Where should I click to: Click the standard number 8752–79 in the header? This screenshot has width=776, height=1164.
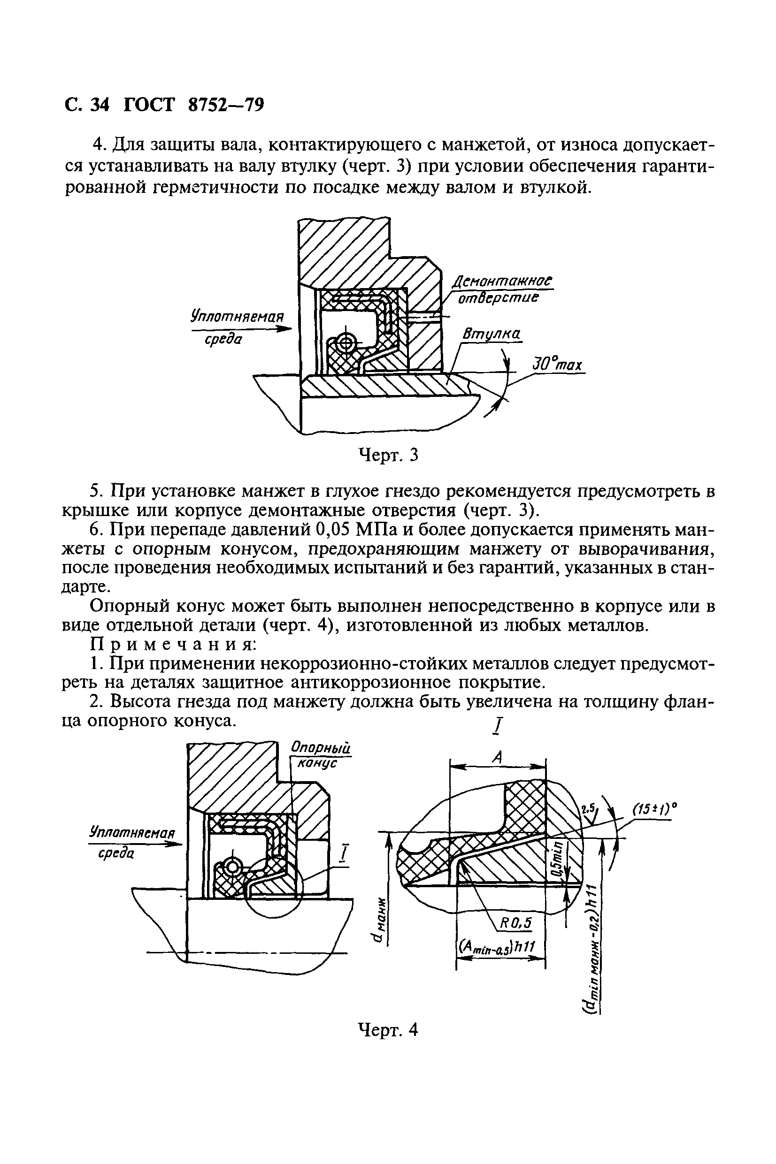tap(226, 105)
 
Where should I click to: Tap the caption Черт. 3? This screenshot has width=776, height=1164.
tap(388, 455)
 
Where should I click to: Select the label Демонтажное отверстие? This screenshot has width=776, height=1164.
tap(501, 290)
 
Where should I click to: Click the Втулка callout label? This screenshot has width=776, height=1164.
tap(491, 335)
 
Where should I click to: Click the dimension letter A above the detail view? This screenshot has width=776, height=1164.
tap(498, 757)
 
